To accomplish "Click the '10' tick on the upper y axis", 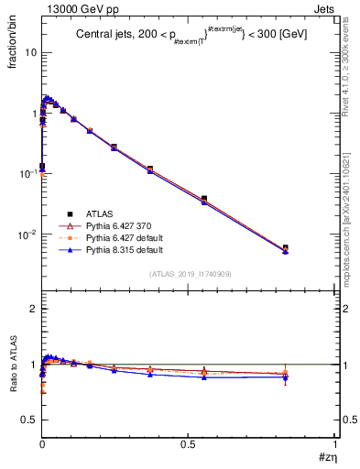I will click(x=31, y=52).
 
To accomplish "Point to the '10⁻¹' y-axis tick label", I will click(x=28, y=173).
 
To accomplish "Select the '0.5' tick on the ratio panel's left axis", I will click(x=29, y=420).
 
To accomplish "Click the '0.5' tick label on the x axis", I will click(x=188, y=444).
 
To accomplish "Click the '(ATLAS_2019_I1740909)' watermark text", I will click(x=189, y=273).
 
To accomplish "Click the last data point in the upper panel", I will click(x=285, y=248).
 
